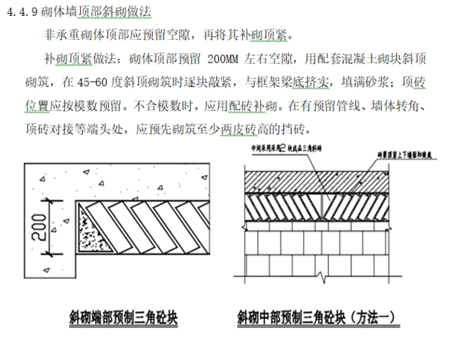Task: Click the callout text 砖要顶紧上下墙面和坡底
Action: tap(407, 153)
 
